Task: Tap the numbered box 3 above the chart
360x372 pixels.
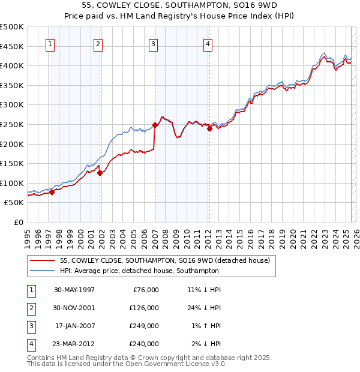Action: (x=153, y=43)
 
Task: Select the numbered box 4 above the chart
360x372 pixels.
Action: (x=207, y=43)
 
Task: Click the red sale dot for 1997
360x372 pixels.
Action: (x=52, y=192)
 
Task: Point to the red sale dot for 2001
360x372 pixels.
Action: (x=100, y=173)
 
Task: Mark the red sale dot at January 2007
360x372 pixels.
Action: (x=155, y=125)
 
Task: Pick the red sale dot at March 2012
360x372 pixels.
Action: (x=209, y=128)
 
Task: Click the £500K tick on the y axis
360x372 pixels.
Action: (x=12, y=27)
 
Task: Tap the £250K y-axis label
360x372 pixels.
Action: (x=12, y=124)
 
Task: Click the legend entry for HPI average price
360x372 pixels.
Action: (x=139, y=271)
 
